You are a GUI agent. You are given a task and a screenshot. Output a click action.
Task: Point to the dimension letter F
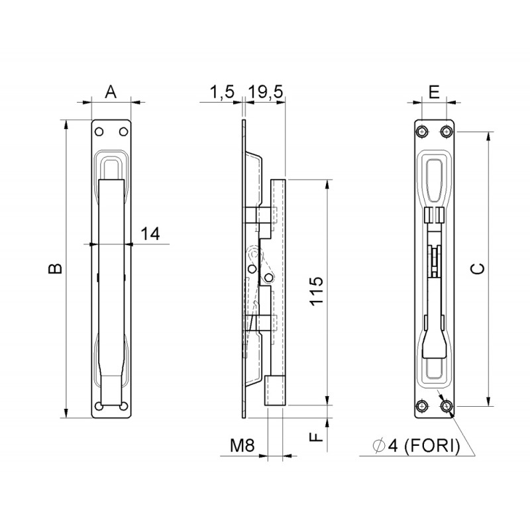[x=317, y=437]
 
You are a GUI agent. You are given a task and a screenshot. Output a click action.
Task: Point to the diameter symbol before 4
[x=379, y=447]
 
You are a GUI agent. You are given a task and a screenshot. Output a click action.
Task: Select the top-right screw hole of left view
[x=123, y=131]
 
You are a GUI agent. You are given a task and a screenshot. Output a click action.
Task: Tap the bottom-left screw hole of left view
[x=99, y=406]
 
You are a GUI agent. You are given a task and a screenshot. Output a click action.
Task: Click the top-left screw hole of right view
[x=422, y=131]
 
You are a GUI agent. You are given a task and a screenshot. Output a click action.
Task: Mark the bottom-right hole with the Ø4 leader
[x=446, y=405]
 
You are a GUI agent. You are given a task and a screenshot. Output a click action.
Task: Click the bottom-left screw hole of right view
[x=422, y=405]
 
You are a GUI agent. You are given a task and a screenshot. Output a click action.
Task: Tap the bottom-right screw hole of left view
[x=123, y=406]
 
